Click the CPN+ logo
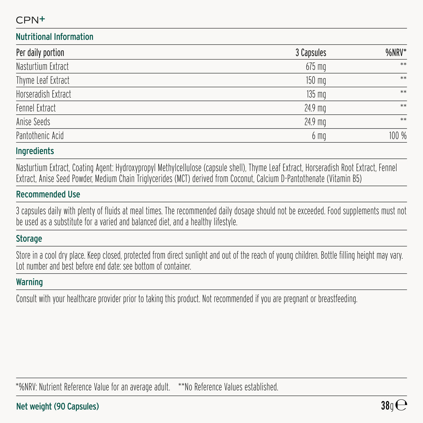(30, 20)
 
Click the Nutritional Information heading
(54, 37)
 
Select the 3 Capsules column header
(310, 53)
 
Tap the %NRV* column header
(396, 53)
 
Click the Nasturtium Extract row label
(42, 67)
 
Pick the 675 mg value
(316, 67)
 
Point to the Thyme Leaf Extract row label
(43, 80)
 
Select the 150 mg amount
(316, 80)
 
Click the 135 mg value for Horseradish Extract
(316, 94)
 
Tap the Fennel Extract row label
(36, 108)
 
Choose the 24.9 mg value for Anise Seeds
(315, 122)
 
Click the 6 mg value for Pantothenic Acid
(319, 136)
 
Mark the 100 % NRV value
(398, 136)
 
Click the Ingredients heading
(35, 151)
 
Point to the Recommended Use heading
(48, 195)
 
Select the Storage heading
(29, 239)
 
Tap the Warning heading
(29, 282)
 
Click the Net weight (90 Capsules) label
(57, 406)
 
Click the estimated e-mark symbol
(401, 405)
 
